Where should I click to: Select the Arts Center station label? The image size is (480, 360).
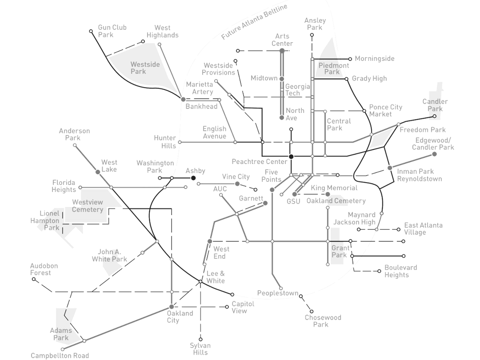coord(284,40)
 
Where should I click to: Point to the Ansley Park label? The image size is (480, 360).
coord(315,24)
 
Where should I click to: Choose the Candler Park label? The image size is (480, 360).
coord(435,105)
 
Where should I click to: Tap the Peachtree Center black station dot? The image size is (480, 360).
coord(291,156)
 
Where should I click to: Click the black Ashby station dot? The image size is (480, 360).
coord(193,178)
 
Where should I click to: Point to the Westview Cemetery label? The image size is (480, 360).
coord(87,206)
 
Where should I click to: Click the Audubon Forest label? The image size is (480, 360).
coord(44,269)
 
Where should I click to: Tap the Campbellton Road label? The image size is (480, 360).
coord(60,356)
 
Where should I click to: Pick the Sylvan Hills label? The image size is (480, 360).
coord(200,349)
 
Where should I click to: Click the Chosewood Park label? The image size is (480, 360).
coord(323,321)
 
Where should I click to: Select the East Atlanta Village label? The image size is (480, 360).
coord(423,228)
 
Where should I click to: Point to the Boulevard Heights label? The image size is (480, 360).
coord(400,271)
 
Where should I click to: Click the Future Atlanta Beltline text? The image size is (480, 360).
coord(254,22)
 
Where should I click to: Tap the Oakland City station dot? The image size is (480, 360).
coord(171,307)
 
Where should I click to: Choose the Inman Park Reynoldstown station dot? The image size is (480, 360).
coord(389,168)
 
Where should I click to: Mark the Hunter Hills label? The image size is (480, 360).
coord(164,141)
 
